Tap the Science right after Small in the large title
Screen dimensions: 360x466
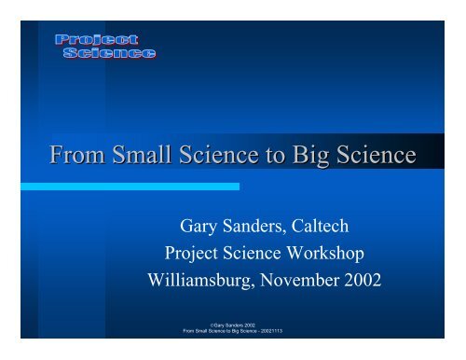[x=207, y=153]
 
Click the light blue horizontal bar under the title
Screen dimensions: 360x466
[x=130, y=187]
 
